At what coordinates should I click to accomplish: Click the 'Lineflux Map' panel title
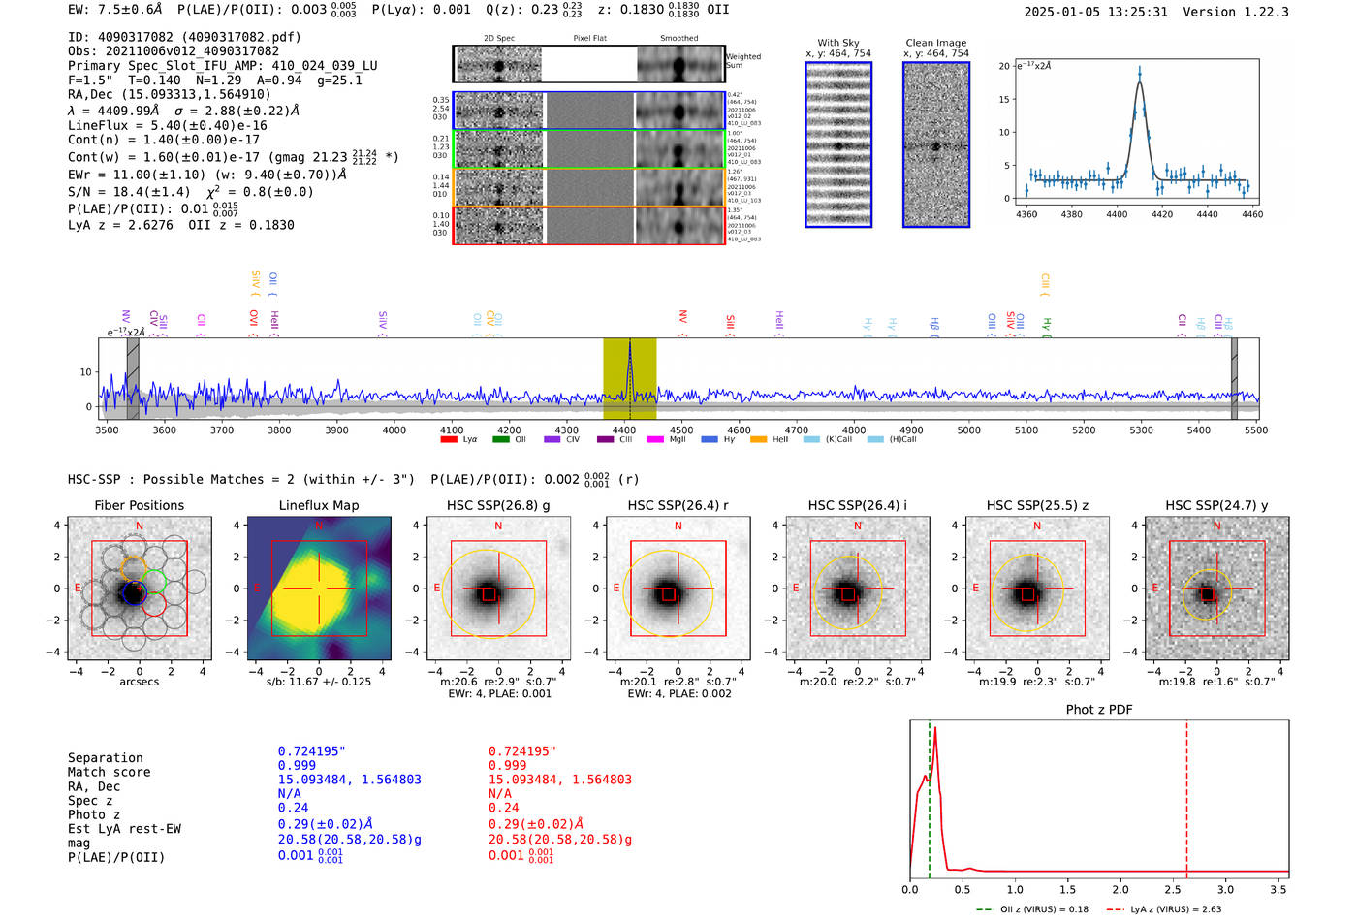click(x=319, y=505)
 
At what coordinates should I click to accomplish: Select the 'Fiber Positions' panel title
click(x=139, y=505)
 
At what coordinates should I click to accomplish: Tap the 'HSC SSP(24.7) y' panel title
click(x=1216, y=505)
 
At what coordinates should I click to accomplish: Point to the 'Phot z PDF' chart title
click(x=1099, y=710)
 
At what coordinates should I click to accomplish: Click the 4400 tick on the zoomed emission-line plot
click(x=1117, y=214)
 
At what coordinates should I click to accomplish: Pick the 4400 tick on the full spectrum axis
click(x=624, y=430)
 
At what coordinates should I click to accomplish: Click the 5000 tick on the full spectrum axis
click(x=969, y=430)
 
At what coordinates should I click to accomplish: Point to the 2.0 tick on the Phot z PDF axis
click(x=1120, y=889)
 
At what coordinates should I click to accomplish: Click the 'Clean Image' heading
click(x=935, y=43)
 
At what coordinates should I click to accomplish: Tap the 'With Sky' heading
click(x=838, y=43)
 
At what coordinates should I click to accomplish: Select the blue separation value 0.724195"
click(x=311, y=751)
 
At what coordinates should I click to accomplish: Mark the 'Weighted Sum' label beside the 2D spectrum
click(x=743, y=61)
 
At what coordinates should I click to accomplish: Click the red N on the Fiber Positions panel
click(x=140, y=526)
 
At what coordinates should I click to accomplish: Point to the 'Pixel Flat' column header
click(x=589, y=38)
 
